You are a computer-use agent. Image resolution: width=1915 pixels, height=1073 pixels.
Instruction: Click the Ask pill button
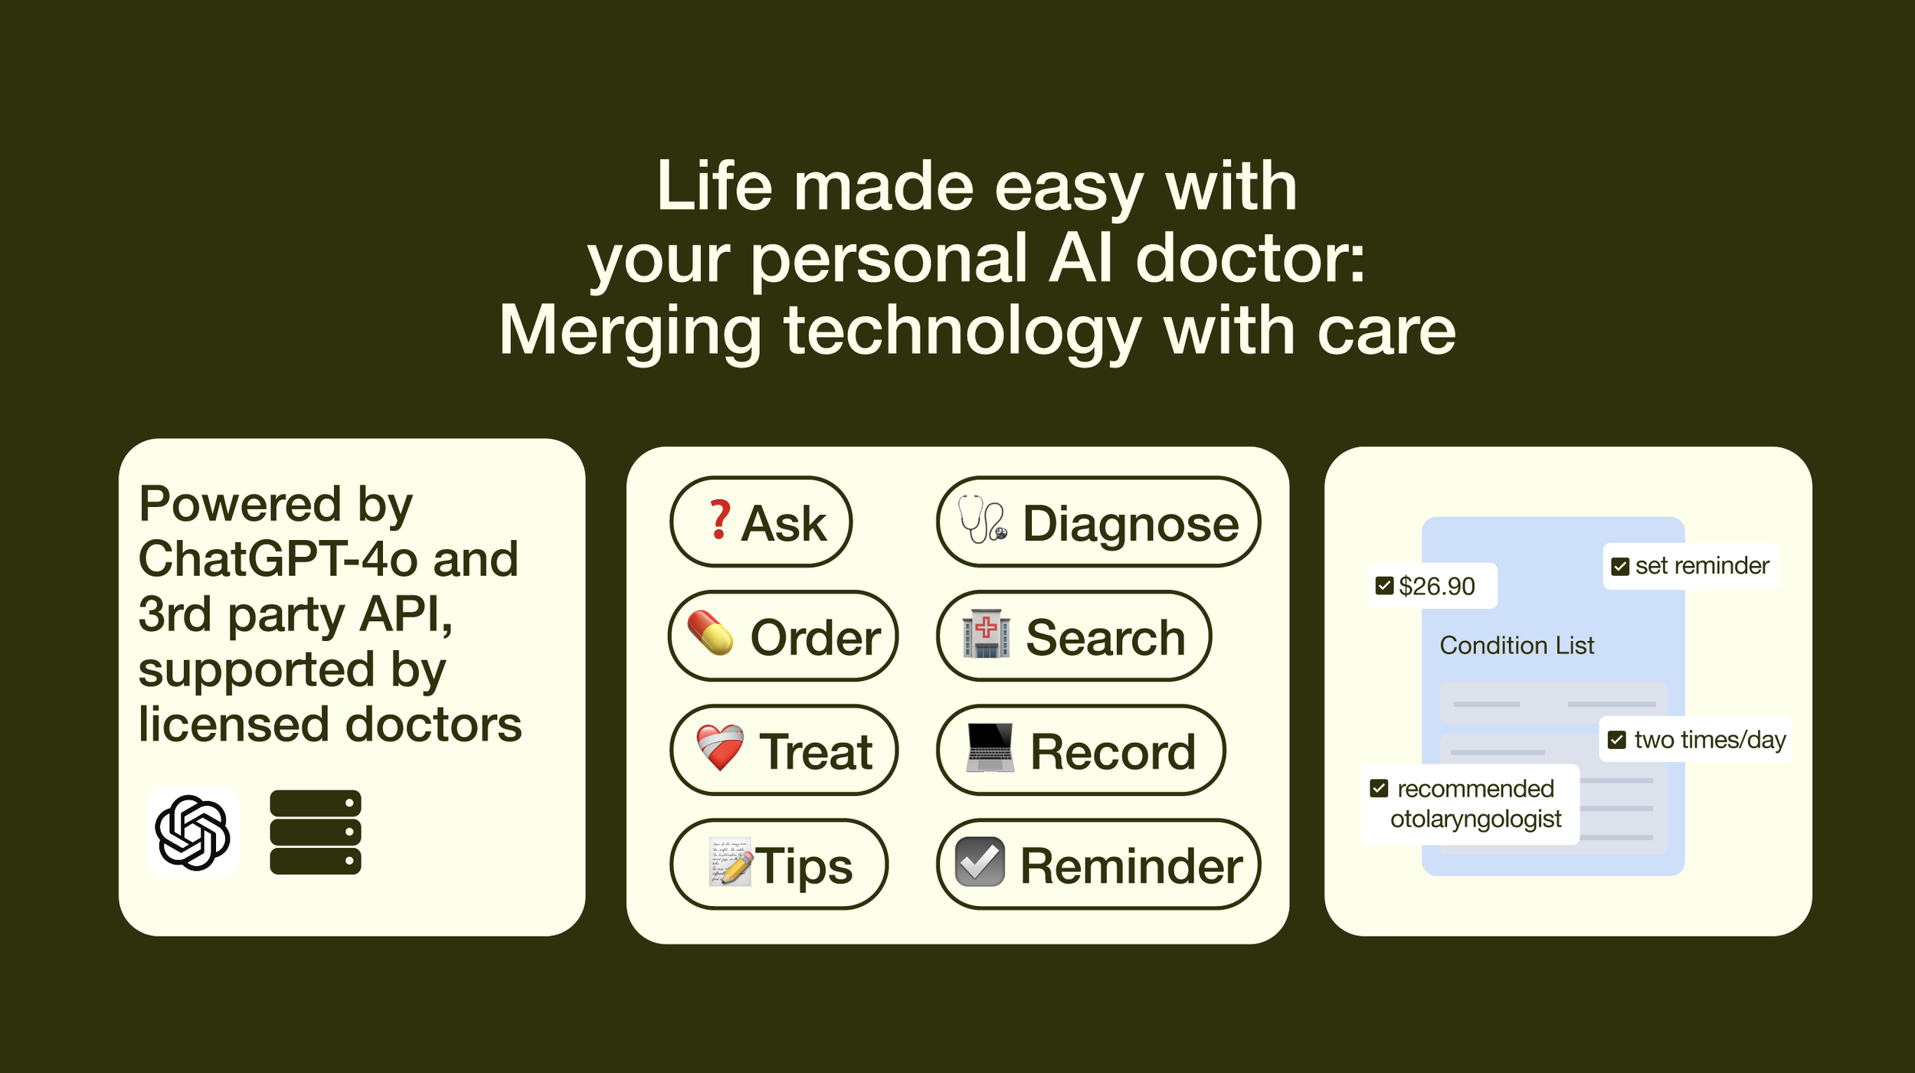761,522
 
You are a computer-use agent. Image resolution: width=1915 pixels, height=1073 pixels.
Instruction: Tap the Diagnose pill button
1098,522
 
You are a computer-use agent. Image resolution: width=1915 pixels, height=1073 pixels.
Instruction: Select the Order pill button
783,636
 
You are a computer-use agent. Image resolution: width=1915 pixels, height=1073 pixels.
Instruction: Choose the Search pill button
1074,636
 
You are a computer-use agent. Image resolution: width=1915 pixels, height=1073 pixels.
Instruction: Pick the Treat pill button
784,750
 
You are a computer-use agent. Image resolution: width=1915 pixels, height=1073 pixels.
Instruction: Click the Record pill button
1081,750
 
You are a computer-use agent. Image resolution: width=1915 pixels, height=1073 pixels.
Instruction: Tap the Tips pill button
779,864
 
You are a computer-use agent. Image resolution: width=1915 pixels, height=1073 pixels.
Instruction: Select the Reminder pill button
1098,864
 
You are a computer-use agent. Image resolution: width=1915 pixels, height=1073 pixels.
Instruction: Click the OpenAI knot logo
193,832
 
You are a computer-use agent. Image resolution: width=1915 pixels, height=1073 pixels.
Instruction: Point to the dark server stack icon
316,832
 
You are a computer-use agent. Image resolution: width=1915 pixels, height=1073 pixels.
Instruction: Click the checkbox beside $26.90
1384,586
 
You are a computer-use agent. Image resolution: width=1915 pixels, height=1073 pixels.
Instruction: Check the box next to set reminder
1620,567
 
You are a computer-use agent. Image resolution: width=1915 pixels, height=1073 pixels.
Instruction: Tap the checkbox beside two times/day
1616,740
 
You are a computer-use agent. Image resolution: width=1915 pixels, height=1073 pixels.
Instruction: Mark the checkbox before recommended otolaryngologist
1379,788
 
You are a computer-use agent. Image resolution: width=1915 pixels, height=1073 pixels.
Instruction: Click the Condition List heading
1517,646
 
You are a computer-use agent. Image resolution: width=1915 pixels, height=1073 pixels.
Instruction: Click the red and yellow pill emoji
710,633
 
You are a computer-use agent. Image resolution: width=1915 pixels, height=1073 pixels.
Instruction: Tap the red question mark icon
719,519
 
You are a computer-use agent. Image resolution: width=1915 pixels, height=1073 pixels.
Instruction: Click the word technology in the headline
963,332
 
